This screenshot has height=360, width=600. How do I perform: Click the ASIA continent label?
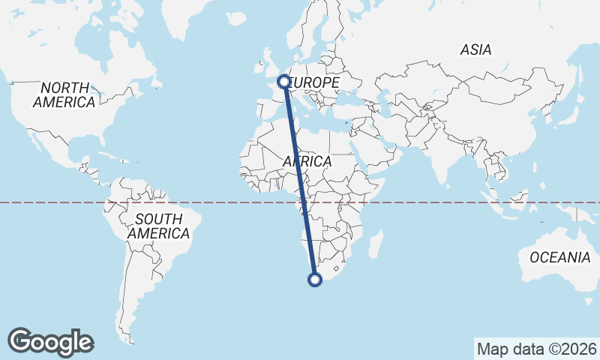coord(476,50)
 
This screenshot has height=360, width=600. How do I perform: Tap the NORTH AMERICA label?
coord(64,95)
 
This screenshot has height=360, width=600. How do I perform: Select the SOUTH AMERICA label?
coord(158,226)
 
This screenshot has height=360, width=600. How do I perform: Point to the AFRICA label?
coord(307,161)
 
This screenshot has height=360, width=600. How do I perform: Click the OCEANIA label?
coord(560,257)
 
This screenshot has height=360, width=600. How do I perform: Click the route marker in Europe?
coord(284,81)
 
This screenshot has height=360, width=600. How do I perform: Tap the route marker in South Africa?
coord(315,280)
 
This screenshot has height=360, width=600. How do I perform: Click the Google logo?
coord(51,342)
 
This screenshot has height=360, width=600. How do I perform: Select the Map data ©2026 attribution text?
coord(537,349)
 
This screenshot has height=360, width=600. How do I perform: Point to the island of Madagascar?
coord(376,244)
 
